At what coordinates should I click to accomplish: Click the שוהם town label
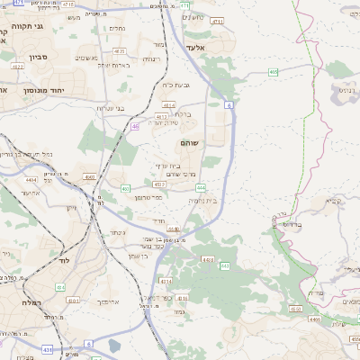pos(189,143)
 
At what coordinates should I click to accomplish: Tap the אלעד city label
pos(197,47)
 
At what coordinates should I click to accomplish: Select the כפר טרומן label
pos(148,196)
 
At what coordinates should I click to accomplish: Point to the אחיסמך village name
pos(106,301)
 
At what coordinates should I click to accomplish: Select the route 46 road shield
pos(135,127)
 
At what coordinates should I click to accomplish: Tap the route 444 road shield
pos(201,187)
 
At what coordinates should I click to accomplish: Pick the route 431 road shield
pos(47,349)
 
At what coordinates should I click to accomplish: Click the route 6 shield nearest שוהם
pos(229,105)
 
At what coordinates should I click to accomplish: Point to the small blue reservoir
pos(114,345)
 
